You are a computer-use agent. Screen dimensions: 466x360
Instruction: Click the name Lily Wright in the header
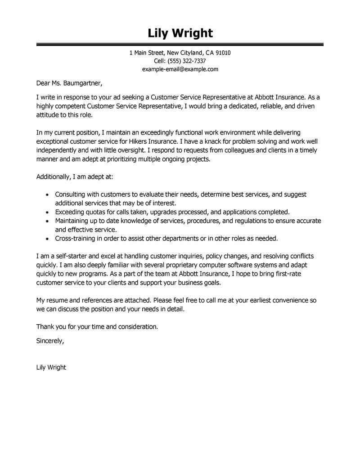pos(180,33)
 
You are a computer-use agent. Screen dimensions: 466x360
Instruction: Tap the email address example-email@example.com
pos(180,69)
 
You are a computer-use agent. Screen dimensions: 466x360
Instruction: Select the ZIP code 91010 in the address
pos(223,53)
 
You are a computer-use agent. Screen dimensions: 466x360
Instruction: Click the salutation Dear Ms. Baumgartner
pos(69,83)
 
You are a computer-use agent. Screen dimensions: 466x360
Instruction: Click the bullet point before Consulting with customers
pos(48,195)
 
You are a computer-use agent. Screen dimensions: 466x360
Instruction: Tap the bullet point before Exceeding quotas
pos(48,212)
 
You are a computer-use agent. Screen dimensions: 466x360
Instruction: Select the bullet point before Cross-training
pos(48,238)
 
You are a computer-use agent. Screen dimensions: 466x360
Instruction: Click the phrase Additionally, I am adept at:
pos(78,177)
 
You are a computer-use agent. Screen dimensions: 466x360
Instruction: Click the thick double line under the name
pos(180,45)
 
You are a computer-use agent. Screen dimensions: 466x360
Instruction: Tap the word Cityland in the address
pos(191,53)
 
